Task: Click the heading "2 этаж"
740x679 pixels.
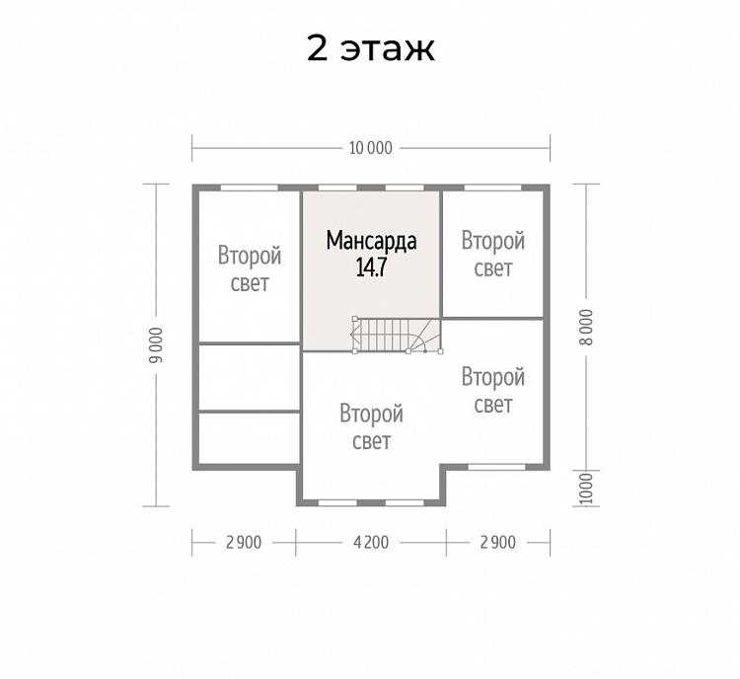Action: point(370,48)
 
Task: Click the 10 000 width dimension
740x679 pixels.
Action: point(370,148)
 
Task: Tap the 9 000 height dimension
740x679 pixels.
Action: point(156,345)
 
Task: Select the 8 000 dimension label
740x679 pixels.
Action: point(586,328)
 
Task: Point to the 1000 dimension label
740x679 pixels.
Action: point(586,489)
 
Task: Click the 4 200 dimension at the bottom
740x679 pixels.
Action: point(371,543)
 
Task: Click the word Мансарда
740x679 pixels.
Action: point(371,241)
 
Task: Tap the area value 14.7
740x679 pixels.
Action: point(371,267)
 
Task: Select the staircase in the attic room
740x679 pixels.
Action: point(397,335)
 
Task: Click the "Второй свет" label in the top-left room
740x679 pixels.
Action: point(250,269)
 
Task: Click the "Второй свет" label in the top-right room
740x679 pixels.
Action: point(493,254)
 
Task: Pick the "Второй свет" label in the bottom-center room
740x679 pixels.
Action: point(371,427)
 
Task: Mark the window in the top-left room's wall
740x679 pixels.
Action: point(250,188)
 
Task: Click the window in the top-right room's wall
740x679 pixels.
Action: point(493,188)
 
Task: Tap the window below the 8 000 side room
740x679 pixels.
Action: point(497,467)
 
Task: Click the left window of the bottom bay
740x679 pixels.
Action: point(337,503)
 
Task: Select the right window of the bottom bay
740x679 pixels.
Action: point(405,503)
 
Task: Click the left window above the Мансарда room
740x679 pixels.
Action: point(337,188)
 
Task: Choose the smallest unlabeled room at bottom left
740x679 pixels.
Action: point(250,438)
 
